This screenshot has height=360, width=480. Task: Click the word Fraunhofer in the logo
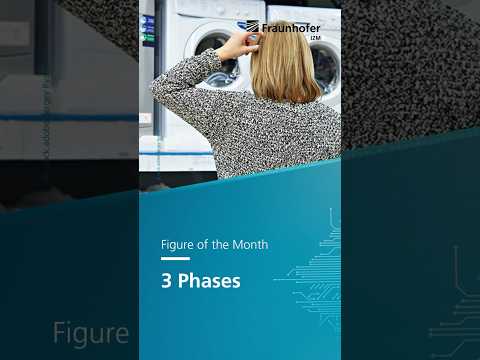[291, 28]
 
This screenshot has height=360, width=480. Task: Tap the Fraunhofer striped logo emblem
[252, 27]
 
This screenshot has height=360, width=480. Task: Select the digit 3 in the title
[167, 281]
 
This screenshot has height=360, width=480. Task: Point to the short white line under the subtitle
[175, 259]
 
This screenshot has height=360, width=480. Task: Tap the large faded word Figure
[91, 333]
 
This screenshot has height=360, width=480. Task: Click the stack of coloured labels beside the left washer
[148, 30]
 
